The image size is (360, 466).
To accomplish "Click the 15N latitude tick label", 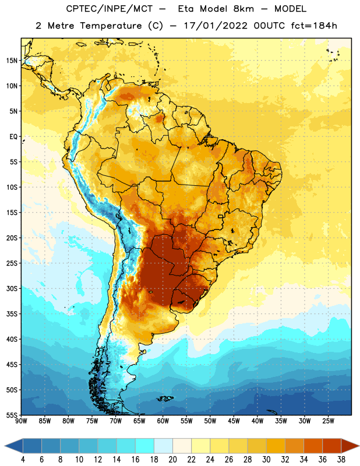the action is [12, 61].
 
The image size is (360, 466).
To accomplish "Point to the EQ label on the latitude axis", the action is [13, 137].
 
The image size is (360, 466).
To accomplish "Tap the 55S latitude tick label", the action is [12, 415].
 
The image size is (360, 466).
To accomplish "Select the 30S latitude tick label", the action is [12, 288].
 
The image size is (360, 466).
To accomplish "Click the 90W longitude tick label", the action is [21, 421].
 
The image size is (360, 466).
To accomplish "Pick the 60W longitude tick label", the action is [163, 421].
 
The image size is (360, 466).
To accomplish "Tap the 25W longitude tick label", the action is [328, 421].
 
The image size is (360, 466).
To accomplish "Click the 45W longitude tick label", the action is [234, 421].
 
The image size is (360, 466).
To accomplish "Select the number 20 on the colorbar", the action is [172, 460].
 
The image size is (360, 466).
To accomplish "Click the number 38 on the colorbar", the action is [341, 460].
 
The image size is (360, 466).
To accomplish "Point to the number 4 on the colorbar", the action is [23, 460].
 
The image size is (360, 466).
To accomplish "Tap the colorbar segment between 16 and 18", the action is [145, 446].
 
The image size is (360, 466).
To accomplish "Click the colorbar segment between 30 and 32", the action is [276, 446].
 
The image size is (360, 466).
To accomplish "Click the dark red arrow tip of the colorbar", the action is [350, 446].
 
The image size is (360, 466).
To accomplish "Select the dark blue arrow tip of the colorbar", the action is [13, 446].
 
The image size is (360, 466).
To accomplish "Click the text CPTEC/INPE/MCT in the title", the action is [109, 9].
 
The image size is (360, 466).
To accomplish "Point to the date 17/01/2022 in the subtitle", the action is [216, 26].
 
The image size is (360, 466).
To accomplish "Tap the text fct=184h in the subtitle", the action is [314, 26].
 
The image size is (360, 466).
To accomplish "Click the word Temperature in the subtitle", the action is [111, 26].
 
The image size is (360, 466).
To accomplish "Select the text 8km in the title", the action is [243, 9].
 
